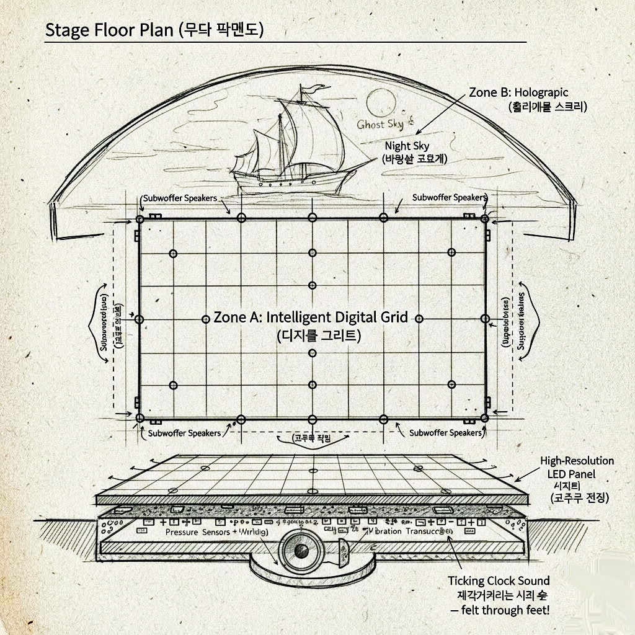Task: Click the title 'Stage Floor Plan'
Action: (109, 30)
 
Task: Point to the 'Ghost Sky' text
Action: (380, 125)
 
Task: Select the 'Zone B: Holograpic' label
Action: (518, 93)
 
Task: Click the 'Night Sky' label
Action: (407, 146)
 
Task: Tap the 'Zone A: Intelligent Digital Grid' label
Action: (311, 317)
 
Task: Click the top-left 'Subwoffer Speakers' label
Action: (180, 198)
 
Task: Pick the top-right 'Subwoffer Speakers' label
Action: (449, 197)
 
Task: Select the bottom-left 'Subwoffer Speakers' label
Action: (184, 433)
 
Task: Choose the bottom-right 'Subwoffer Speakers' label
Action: (445, 432)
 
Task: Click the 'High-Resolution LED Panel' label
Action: (577, 467)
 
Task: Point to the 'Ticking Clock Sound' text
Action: (499, 581)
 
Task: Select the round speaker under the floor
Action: (302, 551)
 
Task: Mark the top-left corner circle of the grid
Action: (140, 220)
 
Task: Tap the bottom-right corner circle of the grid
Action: (485, 418)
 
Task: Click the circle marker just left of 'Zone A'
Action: (206, 319)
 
